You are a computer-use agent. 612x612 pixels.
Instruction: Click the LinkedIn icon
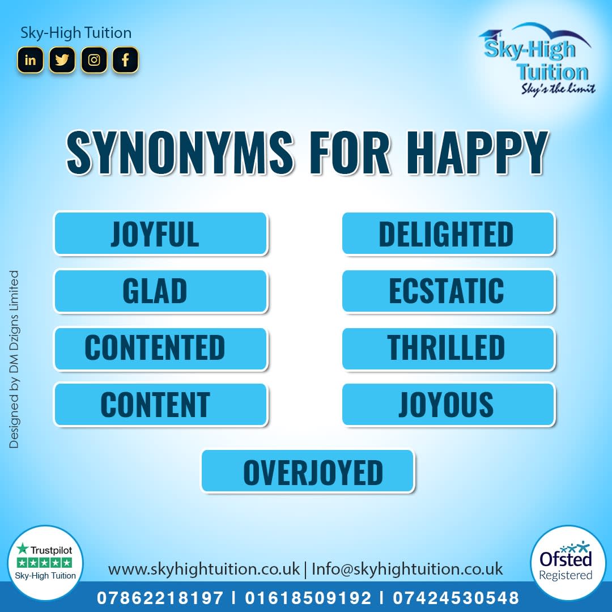click(30, 60)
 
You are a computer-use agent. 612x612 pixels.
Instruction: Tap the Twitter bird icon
click(62, 60)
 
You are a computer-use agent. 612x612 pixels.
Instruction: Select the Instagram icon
click(94, 60)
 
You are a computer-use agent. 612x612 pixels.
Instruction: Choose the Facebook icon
click(125, 60)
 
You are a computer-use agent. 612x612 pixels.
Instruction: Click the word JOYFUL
click(155, 234)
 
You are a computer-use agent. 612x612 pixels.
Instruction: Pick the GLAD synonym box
click(160, 291)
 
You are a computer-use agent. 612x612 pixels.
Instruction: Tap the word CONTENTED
click(155, 348)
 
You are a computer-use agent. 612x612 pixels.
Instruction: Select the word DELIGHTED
click(446, 234)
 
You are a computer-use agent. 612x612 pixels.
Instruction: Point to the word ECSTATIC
click(446, 291)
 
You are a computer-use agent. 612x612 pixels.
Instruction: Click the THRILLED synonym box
click(448, 348)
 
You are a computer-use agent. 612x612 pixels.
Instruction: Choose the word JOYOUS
click(446, 405)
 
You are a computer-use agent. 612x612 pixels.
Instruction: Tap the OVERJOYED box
click(308, 471)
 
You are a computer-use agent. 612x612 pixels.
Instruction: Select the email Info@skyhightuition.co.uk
click(407, 568)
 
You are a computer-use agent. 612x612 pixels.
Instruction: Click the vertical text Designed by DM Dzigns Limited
click(14, 359)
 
